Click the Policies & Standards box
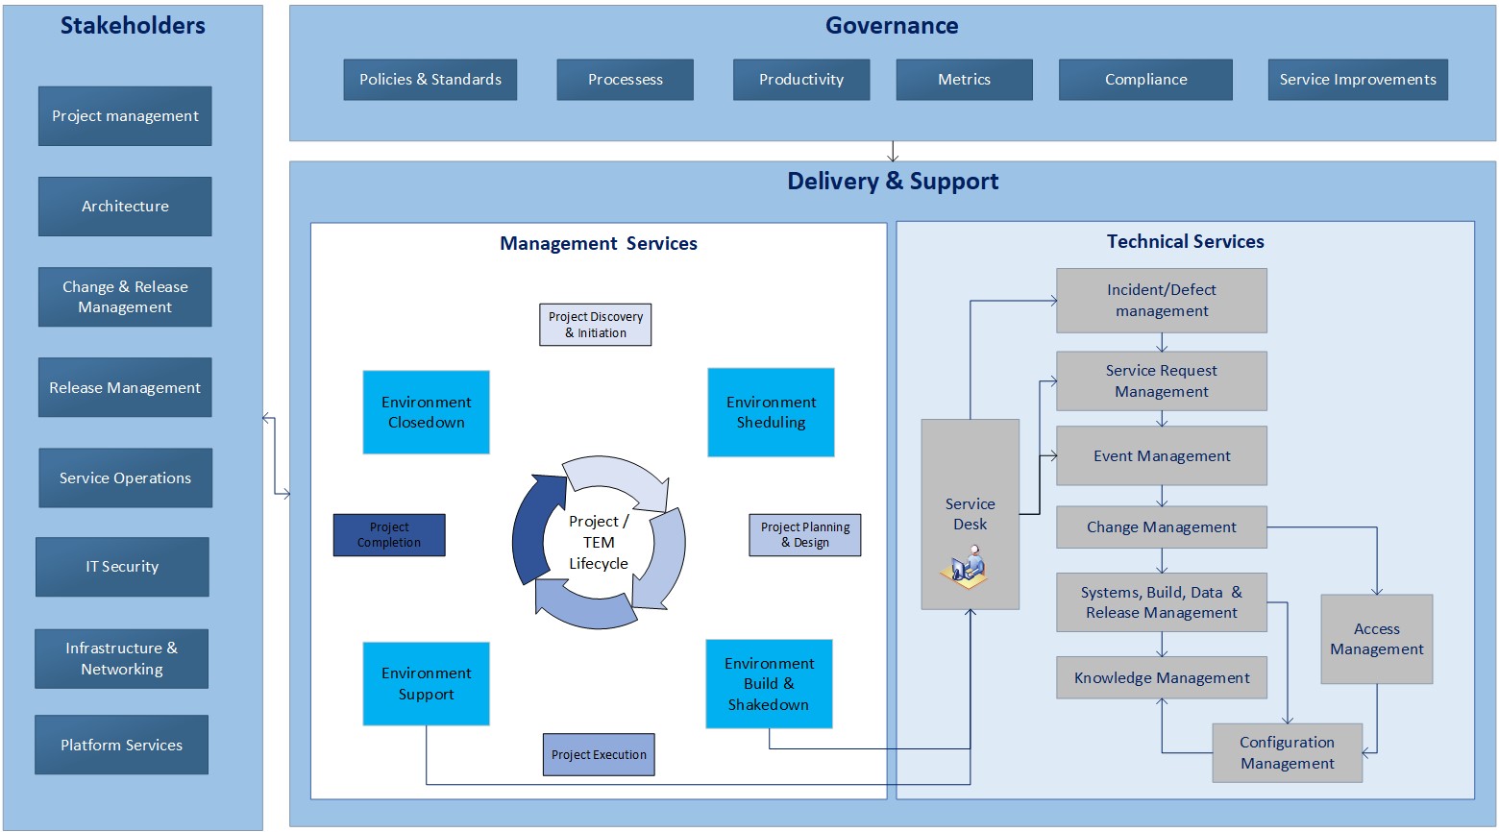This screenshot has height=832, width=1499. (x=430, y=80)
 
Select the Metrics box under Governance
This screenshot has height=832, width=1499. (x=964, y=80)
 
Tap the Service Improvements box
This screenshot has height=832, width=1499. (x=1357, y=80)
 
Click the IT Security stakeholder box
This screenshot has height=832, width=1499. (x=122, y=567)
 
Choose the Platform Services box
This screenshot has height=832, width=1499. (x=121, y=745)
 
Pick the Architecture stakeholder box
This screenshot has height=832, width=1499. (x=125, y=207)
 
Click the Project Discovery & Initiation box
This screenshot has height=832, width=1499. (x=595, y=325)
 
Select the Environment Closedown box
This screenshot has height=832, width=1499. (x=426, y=412)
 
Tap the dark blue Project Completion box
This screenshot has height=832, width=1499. (x=389, y=535)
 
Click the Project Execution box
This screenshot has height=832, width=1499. (x=599, y=754)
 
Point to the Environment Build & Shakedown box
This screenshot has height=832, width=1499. (x=769, y=684)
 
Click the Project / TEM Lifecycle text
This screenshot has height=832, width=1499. (x=598, y=543)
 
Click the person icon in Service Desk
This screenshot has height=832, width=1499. (x=969, y=566)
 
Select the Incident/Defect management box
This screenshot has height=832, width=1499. (x=1161, y=301)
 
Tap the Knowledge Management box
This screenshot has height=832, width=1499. (x=1161, y=678)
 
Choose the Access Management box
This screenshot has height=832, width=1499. (x=1376, y=639)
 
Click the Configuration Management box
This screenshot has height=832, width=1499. (x=1287, y=753)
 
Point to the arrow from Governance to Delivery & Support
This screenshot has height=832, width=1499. (x=893, y=152)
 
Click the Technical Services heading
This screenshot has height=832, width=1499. (x=1185, y=242)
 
